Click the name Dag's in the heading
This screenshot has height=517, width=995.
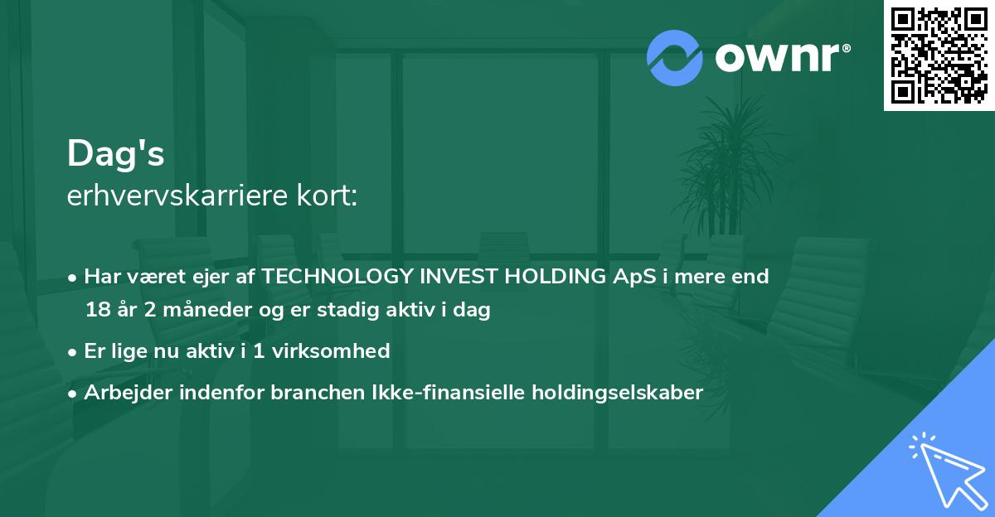coord(115,153)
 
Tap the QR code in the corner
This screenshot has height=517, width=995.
coord(939,56)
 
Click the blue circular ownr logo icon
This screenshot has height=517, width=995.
coord(675,57)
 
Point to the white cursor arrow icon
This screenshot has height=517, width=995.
coord(946,468)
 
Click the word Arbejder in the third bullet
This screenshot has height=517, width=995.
coord(122,393)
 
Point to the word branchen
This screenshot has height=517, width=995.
coord(312,393)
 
